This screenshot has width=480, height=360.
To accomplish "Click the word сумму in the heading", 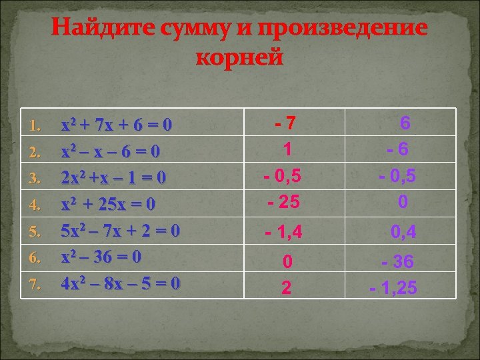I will click(x=187, y=29).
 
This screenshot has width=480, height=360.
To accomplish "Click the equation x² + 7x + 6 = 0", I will click(x=117, y=125).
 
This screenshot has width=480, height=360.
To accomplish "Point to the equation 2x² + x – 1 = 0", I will click(x=113, y=178).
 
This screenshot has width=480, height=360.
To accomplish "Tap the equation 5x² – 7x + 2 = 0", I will click(x=120, y=231).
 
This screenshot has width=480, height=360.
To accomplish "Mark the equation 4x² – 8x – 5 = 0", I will click(x=120, y=283).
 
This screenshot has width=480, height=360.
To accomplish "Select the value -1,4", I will click(x=284, y=233).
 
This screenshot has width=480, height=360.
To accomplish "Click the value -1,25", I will click(x=394, y=287).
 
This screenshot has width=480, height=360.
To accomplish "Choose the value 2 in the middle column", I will click(x=286, y=287).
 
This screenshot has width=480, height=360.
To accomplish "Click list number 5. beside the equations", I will click(x=36, y=232).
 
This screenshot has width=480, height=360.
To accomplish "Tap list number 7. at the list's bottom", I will click(x=36, y=285).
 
